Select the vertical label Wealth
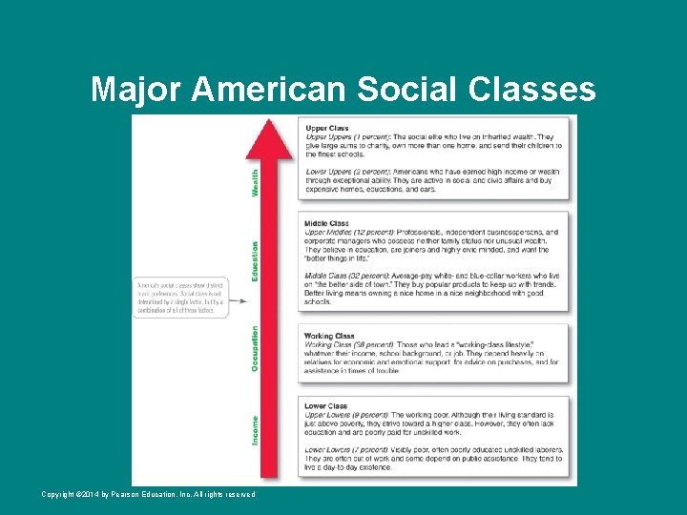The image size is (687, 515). tap(255, 183)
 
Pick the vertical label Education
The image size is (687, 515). tap(255, 260)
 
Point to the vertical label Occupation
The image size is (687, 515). tap(255, 347)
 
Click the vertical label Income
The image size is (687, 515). tap(255, 430)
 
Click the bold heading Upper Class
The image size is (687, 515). tap(326, 128)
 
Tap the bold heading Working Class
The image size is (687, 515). tap(329, 336)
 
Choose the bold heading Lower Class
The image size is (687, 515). tap(327, 406)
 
